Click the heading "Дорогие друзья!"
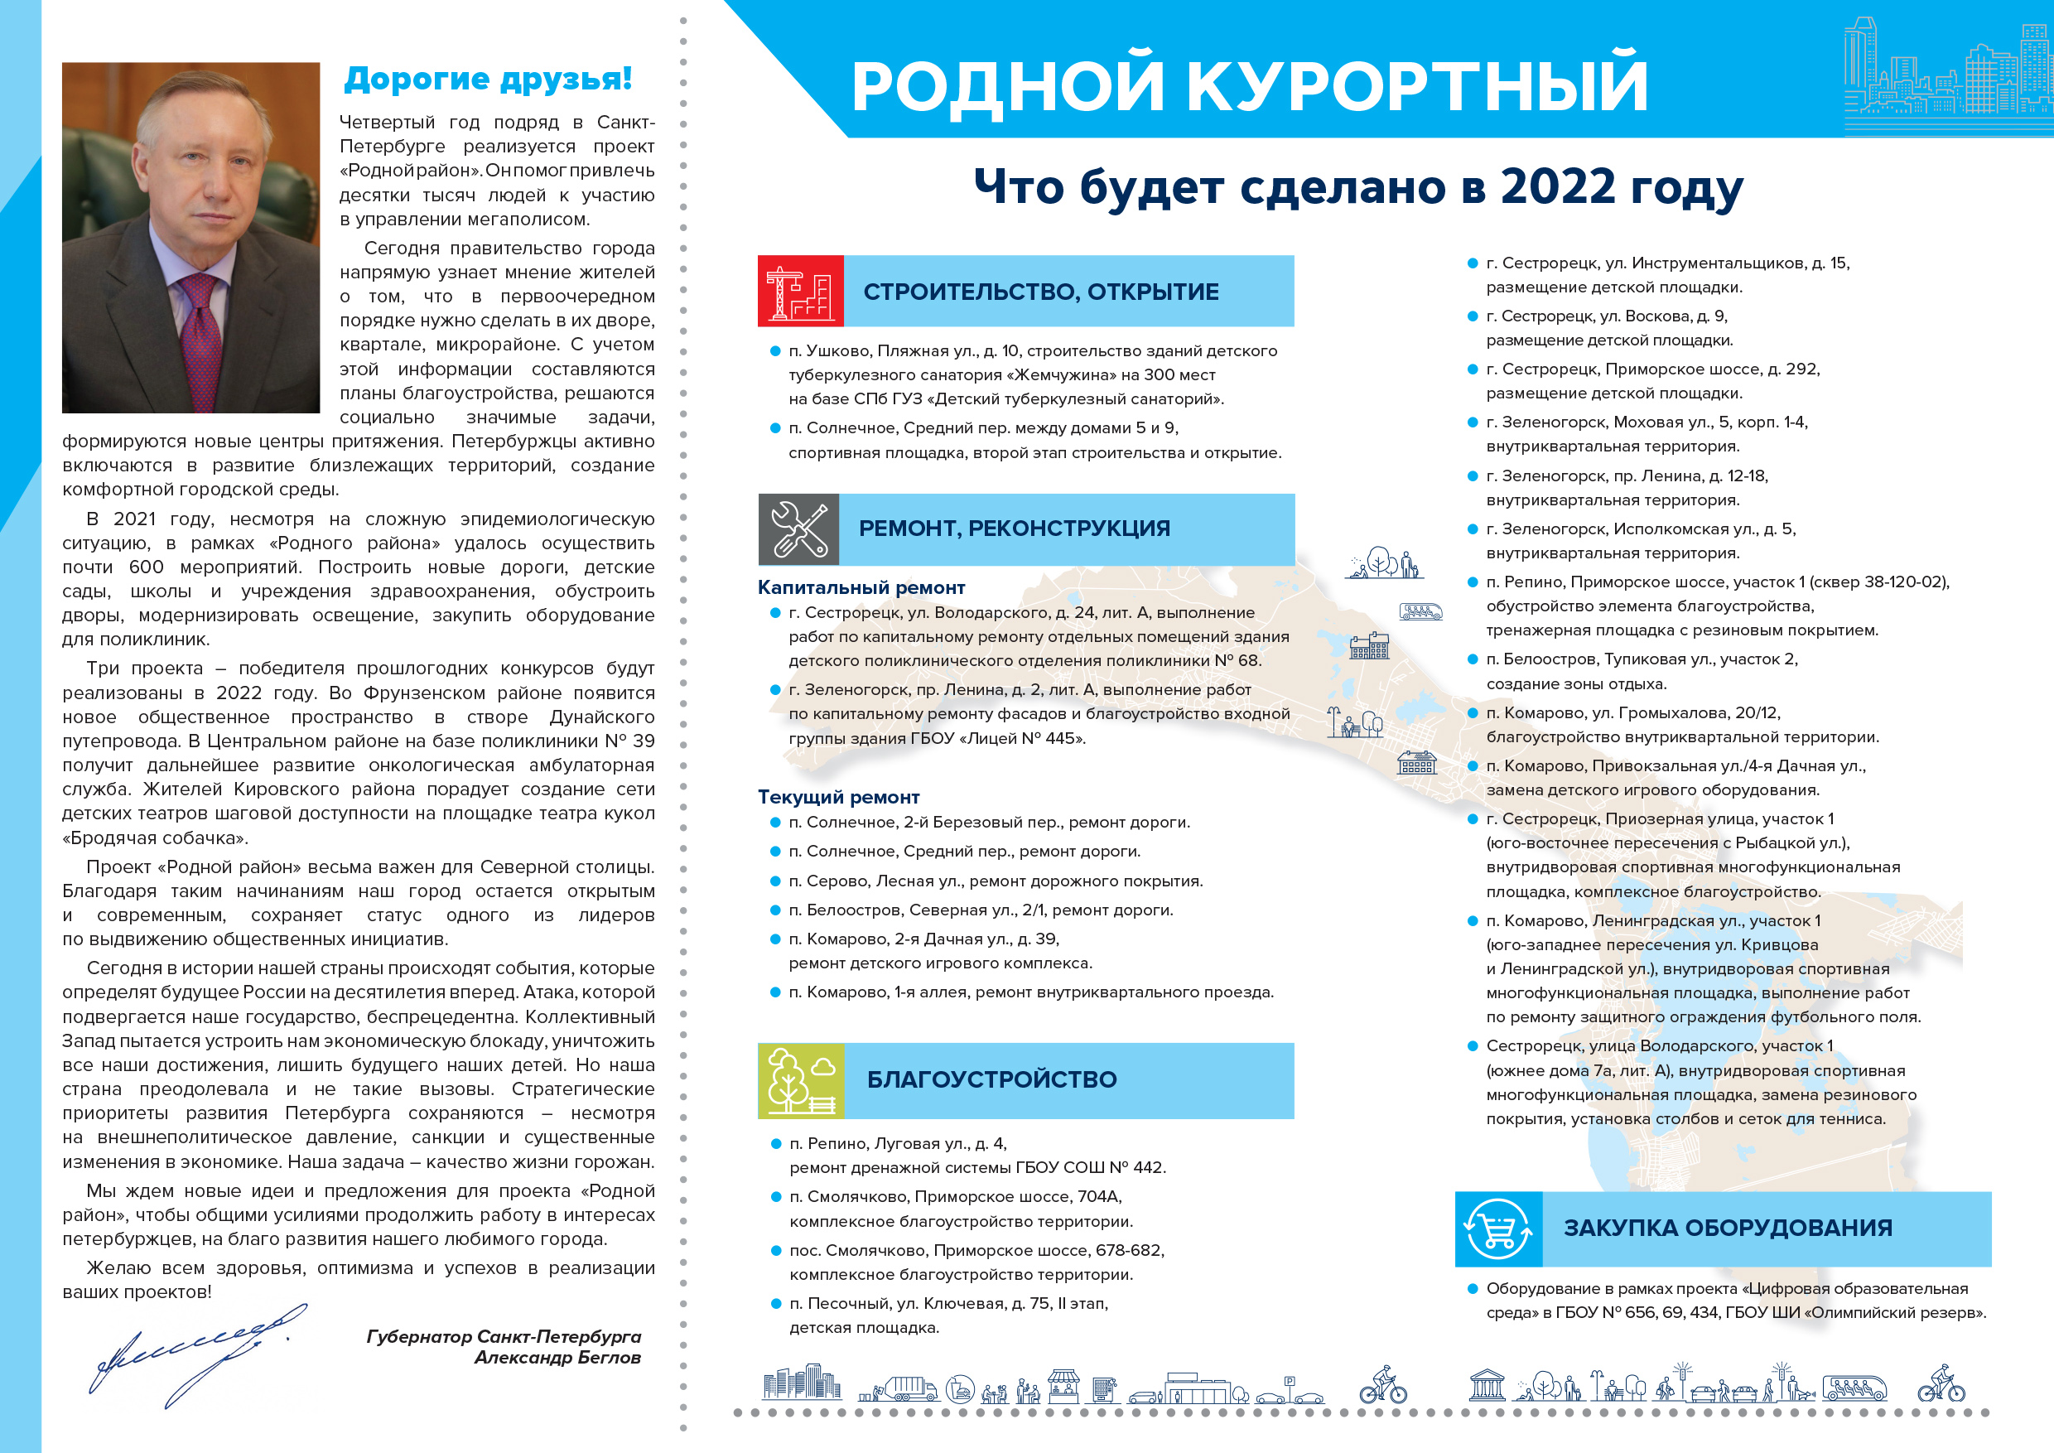click(488, 79)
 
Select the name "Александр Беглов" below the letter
click(557, 1357)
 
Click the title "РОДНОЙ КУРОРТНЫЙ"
click(1249, 86)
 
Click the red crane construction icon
click(800, 291)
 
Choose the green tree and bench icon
click(800, 1080)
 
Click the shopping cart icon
click(1497, 1229)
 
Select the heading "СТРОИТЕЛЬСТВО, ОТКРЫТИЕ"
click(1040, 292)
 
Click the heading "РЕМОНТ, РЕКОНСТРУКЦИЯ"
click(1014, 529)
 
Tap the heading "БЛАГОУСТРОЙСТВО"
click(991, 1080)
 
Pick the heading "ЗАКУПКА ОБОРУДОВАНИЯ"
click(1728, 1229)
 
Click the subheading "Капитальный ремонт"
click(861, 588)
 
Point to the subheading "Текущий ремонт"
click(838, 797)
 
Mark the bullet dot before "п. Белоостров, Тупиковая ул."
click(1472, 659)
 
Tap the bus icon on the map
click(1420, 612)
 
